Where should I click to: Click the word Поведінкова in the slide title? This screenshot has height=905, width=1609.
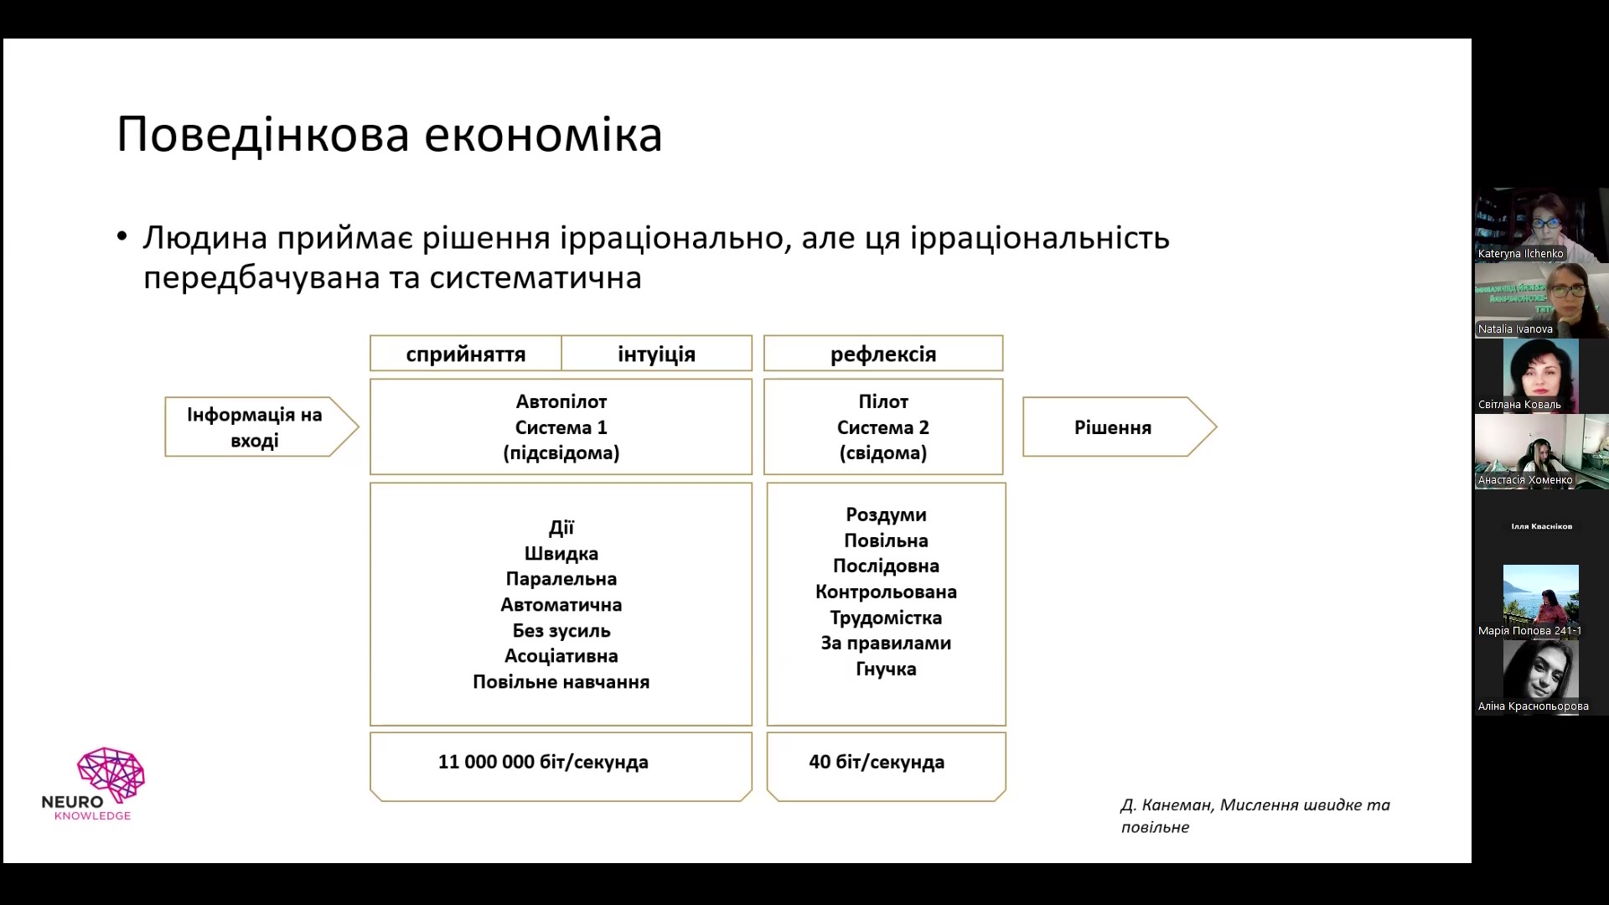click(x=263, y=134)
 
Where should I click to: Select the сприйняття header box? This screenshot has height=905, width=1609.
click(x=466, y=354)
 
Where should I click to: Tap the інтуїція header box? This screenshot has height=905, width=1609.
click(x=657, y=354)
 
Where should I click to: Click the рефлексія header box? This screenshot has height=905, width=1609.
click(x=883, y=354)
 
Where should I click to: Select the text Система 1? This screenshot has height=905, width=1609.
click(x=561, y=427)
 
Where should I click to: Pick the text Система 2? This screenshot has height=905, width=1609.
click(x=883, y=427)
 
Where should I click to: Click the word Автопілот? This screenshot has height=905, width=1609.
click(x=561, y=401)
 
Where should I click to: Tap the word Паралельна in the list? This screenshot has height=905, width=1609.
click(x=561, y=579)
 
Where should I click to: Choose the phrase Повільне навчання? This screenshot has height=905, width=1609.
click(x=561, y=682)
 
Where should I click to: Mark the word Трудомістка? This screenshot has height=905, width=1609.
click(x=886, y=618)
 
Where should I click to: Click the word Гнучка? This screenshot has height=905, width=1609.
click(x=886, y=669)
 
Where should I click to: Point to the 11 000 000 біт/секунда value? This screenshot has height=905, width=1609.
click(x=543, y=762)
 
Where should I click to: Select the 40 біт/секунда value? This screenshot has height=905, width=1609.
click(x=877, y=762)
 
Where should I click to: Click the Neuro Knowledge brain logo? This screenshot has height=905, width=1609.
click(x=111, y=773)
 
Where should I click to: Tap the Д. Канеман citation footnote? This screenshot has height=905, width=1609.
click(x=1255, y=815)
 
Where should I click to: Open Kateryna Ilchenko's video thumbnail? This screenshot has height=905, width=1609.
click(x=1541, y=225)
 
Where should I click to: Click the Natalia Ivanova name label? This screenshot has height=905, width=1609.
click(x=1515, y=329)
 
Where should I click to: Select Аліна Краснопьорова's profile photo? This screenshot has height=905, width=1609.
click(x=1540, y=670)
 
